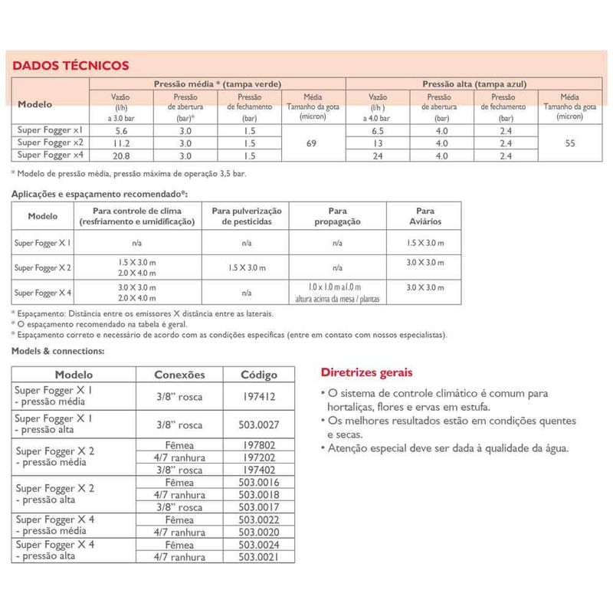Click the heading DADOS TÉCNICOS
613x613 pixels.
tap(65, 66)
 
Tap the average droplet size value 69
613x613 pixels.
tap(311, 143)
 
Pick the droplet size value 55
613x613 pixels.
tap(569, 143)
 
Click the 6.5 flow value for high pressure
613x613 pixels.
tap(378, 131)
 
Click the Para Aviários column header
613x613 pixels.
tap(425, 215)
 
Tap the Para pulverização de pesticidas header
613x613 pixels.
tap(247, 215)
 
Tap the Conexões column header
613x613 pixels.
tap(180, 375)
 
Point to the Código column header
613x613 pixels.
tap(259, 375)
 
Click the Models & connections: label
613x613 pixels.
tap(57, 351)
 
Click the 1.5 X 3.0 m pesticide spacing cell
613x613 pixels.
tap(247, 267)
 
